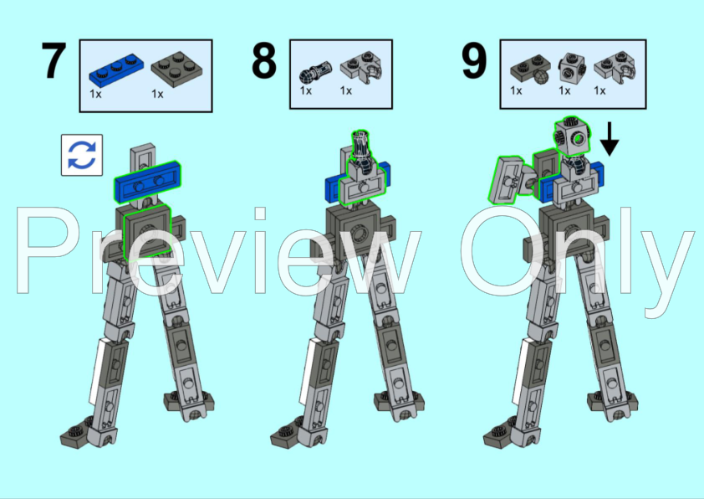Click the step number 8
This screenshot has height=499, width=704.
coord(264,62)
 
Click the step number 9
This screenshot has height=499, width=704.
coord(474,62)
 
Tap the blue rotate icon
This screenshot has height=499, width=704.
coord(82,154)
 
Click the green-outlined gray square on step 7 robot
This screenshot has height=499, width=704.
coord(147,231)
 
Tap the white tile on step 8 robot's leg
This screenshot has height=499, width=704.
coord(309,369)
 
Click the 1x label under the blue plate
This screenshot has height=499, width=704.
coord(95,94)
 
